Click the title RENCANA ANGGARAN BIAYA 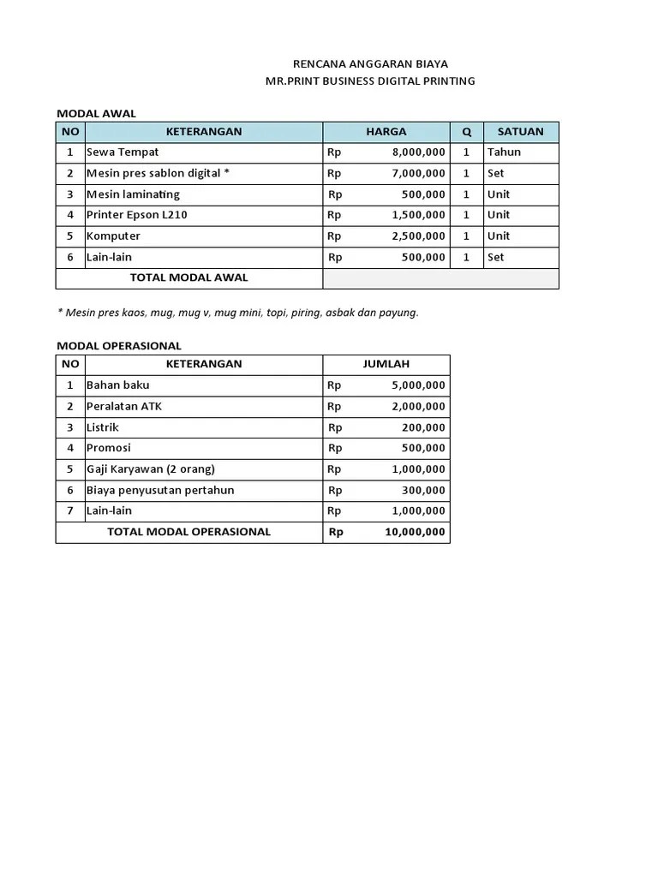tap(370, 64)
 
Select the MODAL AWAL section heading tap(96, 113)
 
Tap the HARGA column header tap(386, 132)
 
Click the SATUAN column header tap(520, 132)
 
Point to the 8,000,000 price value tap(418, 152)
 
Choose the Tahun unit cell tap(504, 152)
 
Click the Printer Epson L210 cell tap(136, 215)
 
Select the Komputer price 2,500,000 tap(418, 236)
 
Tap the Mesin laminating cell tap(133, 194)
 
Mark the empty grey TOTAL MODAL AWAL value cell tap(440, 278)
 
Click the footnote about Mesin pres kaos tap(237, 313)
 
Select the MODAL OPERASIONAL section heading tap(118, 346)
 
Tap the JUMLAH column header tap(386, 364)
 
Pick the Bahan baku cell tap(117, 385)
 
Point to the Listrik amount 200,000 tap(423, 427)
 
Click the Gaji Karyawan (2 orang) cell tap(150, 469)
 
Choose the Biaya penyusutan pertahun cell tap(159, 491)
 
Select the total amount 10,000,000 tap(415, 532)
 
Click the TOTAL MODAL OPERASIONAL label tap(188, 532)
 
